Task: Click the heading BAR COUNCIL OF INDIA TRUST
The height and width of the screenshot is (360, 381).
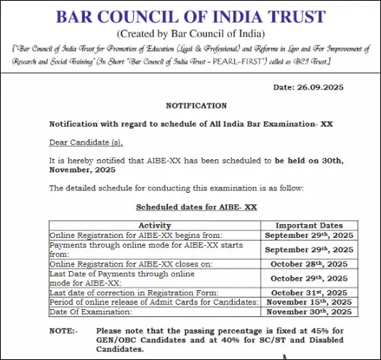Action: tap(190, 16)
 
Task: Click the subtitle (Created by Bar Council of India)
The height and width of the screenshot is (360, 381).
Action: tap(190, 33)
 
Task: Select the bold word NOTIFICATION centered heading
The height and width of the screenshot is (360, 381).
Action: tap(196, 105)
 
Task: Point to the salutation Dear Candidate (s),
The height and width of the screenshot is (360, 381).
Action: tap(81, 141)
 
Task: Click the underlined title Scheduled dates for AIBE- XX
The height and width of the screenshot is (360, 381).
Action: tap(196, 207)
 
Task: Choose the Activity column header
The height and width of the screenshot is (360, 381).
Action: tap(154, 225)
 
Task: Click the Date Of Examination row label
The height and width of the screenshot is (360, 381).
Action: tap(91, 311)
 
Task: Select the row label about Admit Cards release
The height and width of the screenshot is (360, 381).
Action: tap(153, 302)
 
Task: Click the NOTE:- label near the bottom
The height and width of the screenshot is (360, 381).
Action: tap(63, 331)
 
